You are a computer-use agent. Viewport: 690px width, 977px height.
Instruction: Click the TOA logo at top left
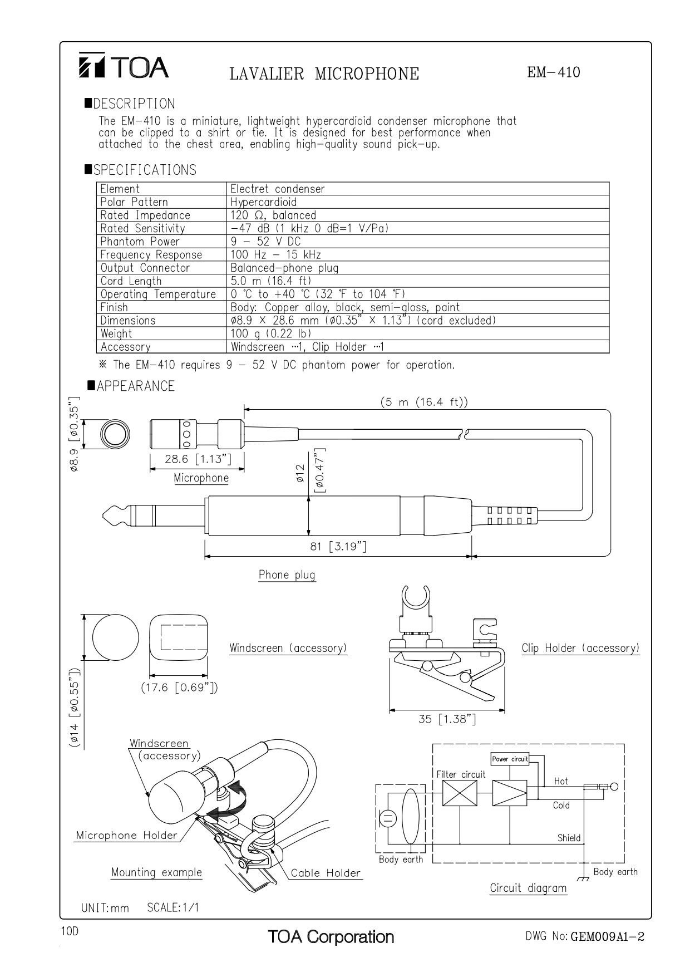(x=123, y=67)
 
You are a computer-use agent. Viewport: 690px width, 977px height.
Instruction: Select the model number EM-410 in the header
(x=553, y=72)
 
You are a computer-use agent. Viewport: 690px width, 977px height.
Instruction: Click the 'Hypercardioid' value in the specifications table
(x=263, y=202)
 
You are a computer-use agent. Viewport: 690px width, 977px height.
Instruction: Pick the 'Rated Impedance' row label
(x=145, y=215)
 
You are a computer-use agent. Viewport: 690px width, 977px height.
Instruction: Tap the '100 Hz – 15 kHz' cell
(x=275, y=255)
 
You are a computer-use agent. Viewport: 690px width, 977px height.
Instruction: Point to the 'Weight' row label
(x=116, y=334)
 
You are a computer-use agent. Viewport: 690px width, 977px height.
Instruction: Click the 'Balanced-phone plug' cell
(x=284, y=268)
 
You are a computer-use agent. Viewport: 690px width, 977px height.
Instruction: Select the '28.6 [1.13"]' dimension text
(x=198, y=459)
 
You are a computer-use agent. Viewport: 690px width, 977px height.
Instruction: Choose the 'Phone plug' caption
(x=287, y=575)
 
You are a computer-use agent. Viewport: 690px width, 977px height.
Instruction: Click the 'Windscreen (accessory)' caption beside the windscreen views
(x=288, y=648)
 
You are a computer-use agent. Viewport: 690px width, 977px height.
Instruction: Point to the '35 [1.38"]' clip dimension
(x=447, y=719)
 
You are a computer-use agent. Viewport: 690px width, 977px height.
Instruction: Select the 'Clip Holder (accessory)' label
(x=580, y=648)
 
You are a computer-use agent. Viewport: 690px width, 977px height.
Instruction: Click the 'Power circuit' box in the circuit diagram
(x=509, y=759)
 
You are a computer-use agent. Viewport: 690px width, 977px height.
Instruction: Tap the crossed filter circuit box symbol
(x=460, y=793)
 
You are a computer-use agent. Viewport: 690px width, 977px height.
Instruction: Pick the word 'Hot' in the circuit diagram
(x=561, y=781)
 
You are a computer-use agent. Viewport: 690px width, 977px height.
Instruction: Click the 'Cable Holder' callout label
(x=326, y=873)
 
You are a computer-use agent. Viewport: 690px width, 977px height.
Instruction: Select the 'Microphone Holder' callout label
(x=126, y=835)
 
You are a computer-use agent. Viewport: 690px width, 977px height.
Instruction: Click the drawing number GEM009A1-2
(x=607, y=937)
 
